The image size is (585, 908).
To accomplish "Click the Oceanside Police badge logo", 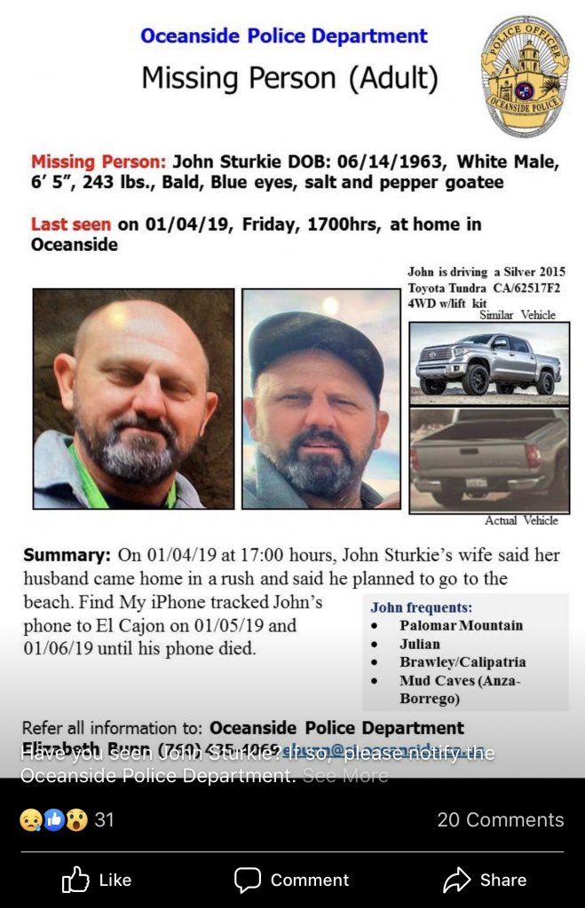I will tap(525, 76).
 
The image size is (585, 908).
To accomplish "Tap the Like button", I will tap(97, 880).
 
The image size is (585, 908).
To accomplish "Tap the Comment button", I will tap(292, 880).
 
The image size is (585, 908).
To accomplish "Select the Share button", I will tap(485, 880).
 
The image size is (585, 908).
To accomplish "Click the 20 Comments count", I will tap(500, 819).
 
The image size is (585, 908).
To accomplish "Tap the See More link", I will tap(345, 776).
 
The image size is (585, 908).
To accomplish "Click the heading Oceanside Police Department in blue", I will tap(284, 36).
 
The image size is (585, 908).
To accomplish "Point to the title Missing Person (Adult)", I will tap(289, 79).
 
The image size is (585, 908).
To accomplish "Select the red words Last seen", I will tap(71, 224).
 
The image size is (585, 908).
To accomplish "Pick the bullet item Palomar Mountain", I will tap(461, 625).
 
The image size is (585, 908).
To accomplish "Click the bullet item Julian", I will tap(420, 644).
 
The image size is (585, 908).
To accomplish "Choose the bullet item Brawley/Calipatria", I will tap(462, 661).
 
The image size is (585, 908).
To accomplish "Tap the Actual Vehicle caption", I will tap(521, 521).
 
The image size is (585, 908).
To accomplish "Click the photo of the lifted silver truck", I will tap(489, 363).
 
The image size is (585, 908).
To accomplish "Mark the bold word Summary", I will tap(66, 556).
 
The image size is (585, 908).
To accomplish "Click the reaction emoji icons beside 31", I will tap(53, 820).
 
